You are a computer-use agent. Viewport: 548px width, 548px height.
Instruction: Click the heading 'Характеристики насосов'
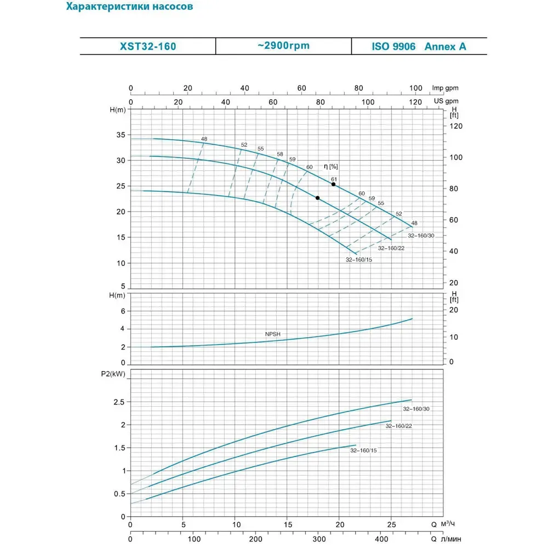point(129,8)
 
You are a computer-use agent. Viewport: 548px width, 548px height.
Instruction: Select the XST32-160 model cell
point(148,47)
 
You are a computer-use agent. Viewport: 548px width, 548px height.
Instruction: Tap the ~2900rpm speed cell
point(283,45)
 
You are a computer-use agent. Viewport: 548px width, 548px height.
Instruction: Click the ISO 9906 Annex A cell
point(419,47)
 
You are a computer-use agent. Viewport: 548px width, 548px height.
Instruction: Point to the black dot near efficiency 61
point(333,184)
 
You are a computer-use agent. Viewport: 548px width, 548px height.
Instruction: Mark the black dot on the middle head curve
point(317,198)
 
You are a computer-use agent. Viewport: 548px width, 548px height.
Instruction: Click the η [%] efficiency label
point(331,167)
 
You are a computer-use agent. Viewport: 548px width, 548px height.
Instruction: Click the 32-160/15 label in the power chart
point(364,450)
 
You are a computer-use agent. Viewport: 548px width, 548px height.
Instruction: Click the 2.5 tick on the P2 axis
point(118,402)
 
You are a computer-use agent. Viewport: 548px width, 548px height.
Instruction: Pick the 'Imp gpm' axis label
point(445,88)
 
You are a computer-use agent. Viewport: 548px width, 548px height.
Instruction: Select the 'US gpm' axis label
point(446,101)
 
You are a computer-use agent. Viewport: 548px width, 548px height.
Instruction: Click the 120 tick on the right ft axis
point(456,126)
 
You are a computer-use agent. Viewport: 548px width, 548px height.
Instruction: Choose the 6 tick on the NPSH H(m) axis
point(123,311)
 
